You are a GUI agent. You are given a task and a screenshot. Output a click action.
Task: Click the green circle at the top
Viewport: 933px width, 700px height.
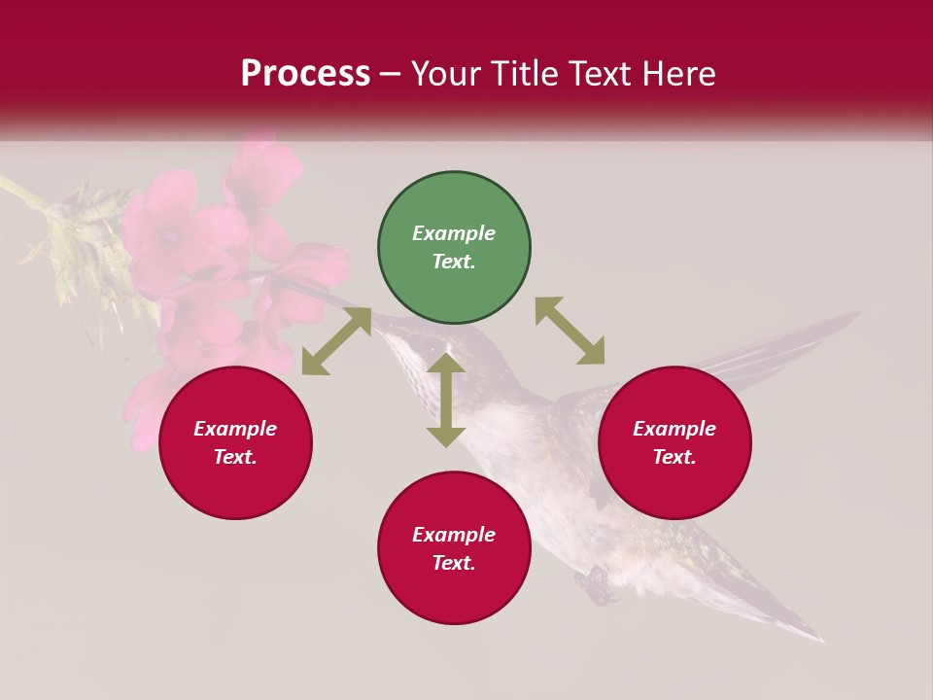click(454, 247)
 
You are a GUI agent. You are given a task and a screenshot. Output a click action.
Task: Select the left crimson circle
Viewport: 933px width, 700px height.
click(235, 442)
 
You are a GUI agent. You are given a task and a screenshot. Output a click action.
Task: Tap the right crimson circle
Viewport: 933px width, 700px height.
click(674, 442)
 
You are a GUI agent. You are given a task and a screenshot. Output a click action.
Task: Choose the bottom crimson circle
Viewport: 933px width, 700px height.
click(454, 548)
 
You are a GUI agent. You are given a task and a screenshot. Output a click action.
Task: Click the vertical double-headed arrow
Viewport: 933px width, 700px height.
click(446, 400)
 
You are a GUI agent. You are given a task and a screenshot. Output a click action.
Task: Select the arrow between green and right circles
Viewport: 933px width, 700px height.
click(570, 331)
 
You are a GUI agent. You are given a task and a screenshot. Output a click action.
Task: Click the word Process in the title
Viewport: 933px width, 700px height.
click(305, 73)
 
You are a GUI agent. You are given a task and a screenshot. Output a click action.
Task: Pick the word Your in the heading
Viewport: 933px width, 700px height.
click(443, 73)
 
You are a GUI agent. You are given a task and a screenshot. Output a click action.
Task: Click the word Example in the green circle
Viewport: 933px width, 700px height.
click(454, 233)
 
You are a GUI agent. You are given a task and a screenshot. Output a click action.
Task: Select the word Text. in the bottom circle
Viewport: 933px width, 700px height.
click(454, 563)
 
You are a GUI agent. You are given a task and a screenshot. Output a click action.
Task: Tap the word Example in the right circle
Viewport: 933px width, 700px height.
click(674, 429)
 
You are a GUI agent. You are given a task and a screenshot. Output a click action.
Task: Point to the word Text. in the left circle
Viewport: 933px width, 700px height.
click(235, 457)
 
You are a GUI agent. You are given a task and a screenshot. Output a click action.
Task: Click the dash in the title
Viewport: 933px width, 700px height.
click(390, 74)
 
